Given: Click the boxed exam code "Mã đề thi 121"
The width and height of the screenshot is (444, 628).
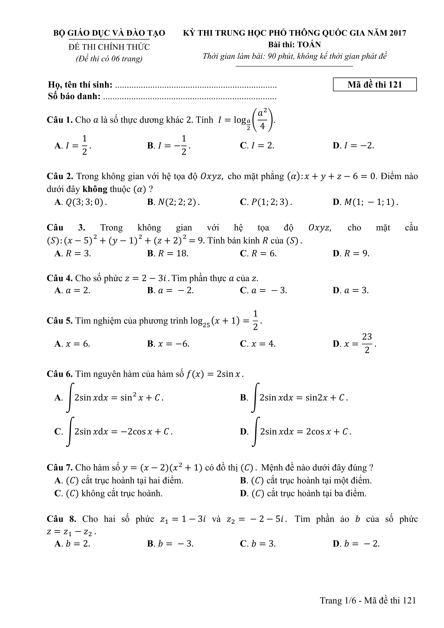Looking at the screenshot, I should (x=374, y=85).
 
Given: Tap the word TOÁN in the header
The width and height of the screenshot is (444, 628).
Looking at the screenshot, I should (x=309, y=44).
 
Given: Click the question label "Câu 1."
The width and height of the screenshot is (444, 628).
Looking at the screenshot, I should (x=60, y=120).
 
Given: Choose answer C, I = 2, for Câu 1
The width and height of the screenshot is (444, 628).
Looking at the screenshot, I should (x=257, y=146).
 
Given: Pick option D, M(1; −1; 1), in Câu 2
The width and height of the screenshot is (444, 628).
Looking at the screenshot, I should (x=365, y=202).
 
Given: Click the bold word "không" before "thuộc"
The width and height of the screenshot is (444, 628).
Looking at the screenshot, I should (x=95, y=189).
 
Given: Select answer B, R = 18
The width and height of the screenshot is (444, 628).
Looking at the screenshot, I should (x=168, y=253).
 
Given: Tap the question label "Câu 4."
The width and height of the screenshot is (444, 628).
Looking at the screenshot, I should (x=60, y=278).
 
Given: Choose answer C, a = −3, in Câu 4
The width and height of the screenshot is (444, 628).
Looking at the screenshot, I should (x=264, y=290).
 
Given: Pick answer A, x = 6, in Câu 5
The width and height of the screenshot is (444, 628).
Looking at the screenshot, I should (x=72, y=344).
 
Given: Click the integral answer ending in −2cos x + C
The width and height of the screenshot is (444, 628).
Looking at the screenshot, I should (x=114, y=432).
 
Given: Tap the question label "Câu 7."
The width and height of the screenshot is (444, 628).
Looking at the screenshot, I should (x=60, y=467).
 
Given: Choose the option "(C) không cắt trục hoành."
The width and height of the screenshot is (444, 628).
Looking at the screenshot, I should (x=108, y=493).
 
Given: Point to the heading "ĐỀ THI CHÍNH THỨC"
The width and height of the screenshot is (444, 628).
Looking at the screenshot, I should (x=109, y=47).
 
